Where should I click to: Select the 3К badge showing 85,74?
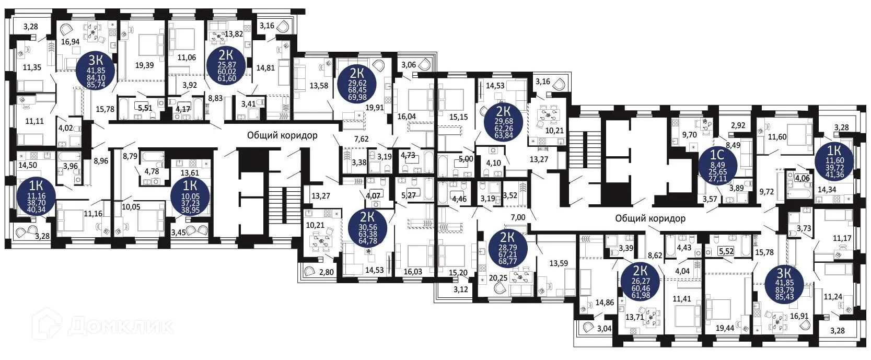(96, 72)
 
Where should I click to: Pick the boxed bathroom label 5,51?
(144, 108)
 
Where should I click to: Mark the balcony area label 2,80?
(326, 272)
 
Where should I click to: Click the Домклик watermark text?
(120, 327)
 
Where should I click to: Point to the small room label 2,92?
(738, 125)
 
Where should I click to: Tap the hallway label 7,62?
(361, 139)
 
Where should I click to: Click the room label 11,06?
(187, 57)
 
